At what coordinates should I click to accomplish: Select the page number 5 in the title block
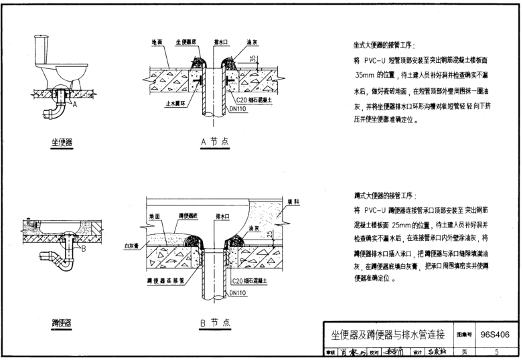(x=496, y=351)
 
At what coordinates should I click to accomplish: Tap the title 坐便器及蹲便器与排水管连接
(x=388, y=334)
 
